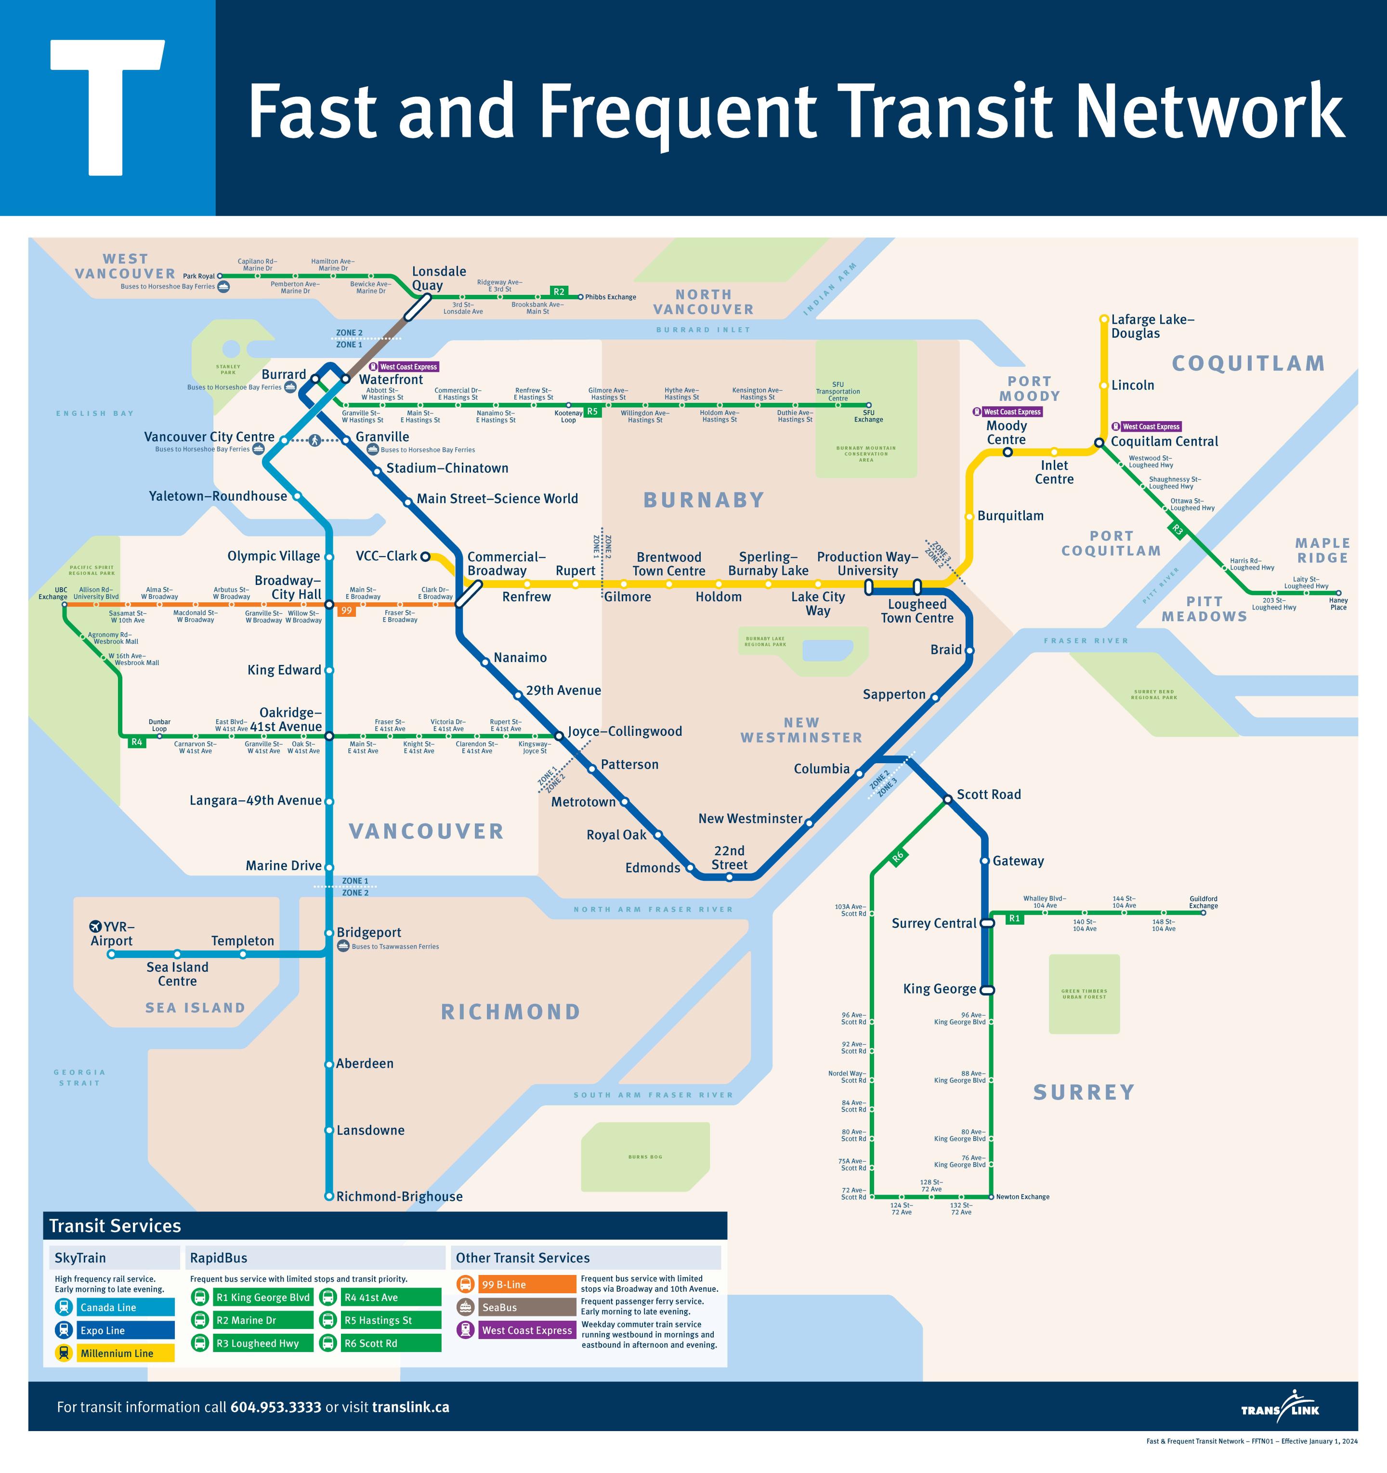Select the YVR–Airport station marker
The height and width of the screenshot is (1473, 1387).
pos(112,955)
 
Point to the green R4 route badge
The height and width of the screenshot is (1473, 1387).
pos(136,742)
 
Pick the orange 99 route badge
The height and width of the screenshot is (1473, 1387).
pos(346,610)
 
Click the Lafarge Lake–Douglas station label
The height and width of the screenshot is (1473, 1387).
pos(1152,326)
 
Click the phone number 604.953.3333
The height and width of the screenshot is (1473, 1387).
pos(275,1407)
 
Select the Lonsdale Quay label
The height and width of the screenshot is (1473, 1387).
pos(438,278)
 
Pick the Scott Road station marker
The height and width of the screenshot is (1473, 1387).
pos(947,799)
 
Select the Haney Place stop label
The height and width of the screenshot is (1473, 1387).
pos(1338,604)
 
